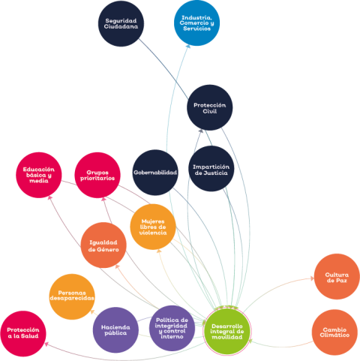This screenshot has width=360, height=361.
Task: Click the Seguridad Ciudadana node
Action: click(x=121, y=23)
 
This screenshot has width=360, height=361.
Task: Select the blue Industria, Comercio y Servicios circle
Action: click(x=196, y=23)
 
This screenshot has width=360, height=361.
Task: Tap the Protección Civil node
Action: click(x=210, y=107)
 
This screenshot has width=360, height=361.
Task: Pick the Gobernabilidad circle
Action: click(x=155, y=173)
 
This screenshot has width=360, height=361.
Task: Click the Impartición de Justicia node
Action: click(x=211, y=169)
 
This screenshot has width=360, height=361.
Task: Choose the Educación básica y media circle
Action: click(x=39, y=175)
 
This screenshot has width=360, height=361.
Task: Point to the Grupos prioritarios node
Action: click(x=97, y=175)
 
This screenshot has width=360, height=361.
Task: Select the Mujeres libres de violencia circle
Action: click(x=153, y=227)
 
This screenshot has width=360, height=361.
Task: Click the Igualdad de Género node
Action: click(x=103, y=245)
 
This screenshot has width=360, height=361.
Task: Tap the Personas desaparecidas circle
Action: click(x=72, y=296)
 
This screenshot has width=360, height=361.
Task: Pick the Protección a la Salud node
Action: click(x=23, y=334)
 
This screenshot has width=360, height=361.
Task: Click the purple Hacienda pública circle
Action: click(x=115, y=330)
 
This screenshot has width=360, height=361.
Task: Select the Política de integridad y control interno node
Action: click(x=172, y=328)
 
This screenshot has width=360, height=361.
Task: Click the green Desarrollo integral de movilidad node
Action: click(x=227, y=332)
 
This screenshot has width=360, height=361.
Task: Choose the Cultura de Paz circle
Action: click(x=337, y=277)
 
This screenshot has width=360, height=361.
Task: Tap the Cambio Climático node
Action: click(x=334, y=332)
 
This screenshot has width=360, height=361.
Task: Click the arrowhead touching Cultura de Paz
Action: click(x=312, y=278)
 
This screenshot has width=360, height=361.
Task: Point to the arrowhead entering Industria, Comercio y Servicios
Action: click(x=188, y=47)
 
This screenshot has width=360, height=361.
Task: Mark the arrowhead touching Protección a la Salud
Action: click(x=46, y=344)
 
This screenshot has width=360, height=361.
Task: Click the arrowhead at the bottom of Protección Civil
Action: click(x=200, y=131)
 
